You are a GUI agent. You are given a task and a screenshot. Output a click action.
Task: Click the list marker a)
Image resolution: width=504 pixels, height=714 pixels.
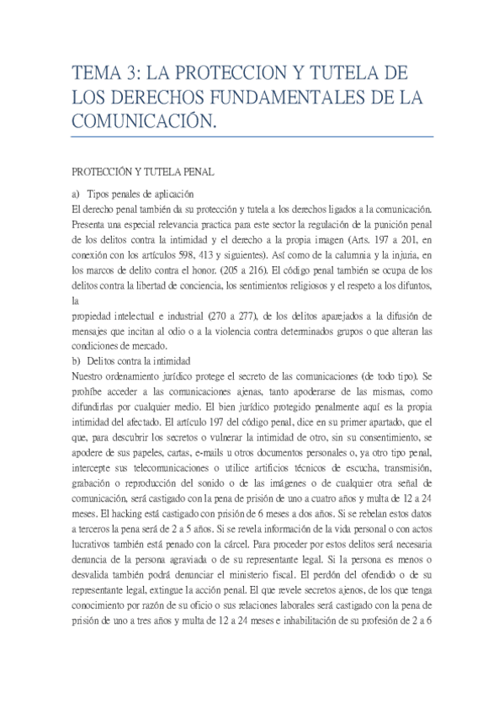[77, 194]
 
